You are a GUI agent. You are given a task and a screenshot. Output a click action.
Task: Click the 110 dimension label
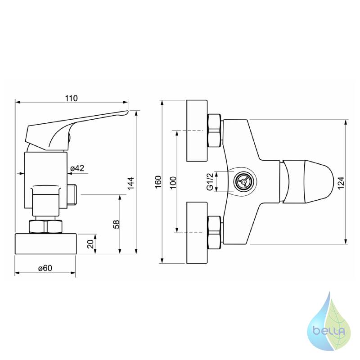click(x=71, y=98)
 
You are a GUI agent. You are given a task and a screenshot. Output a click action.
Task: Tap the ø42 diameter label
click(x=77, y=168)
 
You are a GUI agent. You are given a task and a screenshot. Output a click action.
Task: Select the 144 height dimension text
click(x=130, y=183)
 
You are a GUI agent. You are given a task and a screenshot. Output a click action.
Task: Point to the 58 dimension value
click(x=117, y=224)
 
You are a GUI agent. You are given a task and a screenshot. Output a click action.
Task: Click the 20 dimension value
click(x=91, y=244)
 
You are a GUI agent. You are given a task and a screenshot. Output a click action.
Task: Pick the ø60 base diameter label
click(x=45, y=268)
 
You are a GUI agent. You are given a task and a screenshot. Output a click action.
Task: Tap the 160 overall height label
click(x=158, y=182)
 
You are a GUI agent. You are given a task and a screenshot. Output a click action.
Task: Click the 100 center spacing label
click(x=174, y=183)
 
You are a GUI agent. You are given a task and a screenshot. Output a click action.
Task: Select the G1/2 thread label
click(x=210, y=182)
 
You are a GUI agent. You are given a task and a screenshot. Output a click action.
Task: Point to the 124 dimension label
click(x=341, y=183)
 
